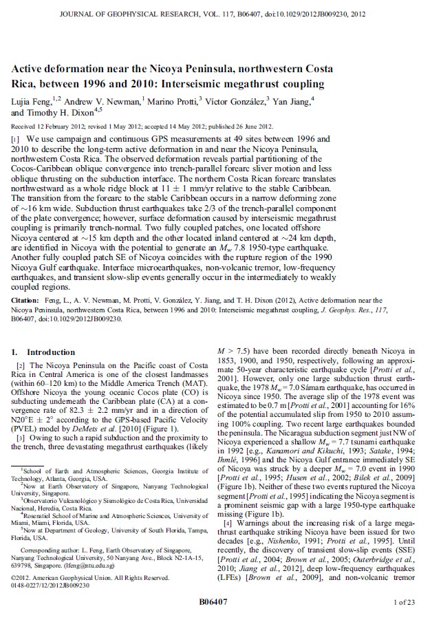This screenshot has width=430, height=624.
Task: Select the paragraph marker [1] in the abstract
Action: (x=19, y=139)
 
